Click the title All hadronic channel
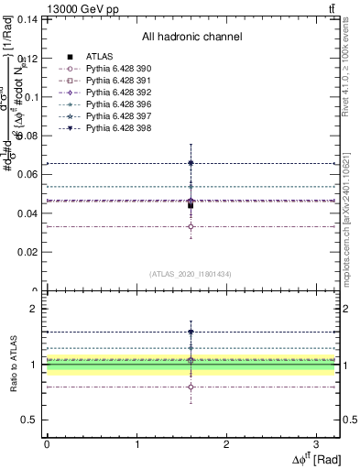click(x=192, y=38)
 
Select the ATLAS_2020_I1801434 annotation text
click(x=190, y=274)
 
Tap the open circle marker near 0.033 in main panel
click(x=191, y=226)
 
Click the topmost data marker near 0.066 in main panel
click(x=191, y=163)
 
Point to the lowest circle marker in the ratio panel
click(x=191, y=387)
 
